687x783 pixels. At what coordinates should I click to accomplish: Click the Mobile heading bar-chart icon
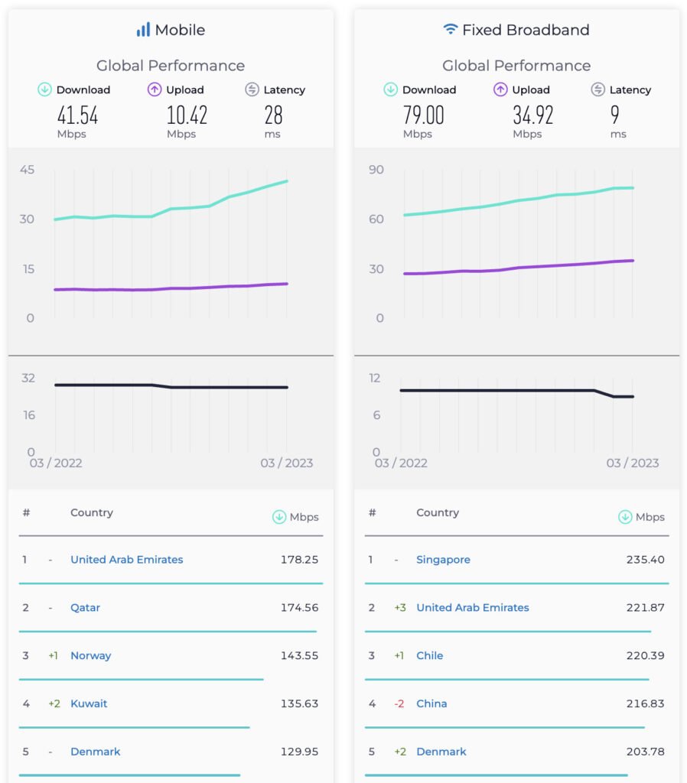143,30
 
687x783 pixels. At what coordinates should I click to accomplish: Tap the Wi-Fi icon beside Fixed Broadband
451,30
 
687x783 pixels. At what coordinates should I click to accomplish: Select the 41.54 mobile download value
77,115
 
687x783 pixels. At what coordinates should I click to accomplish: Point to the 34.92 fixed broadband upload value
532,115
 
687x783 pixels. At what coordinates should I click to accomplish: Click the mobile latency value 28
273,115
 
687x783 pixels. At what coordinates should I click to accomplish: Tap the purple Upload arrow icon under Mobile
155,89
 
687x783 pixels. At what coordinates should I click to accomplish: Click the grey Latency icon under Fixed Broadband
598,89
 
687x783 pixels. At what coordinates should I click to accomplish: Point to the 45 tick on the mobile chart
28,170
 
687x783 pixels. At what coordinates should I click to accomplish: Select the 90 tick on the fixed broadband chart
376,170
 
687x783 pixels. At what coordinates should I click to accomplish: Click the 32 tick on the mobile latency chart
28,378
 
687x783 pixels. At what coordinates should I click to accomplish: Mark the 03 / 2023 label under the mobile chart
286,463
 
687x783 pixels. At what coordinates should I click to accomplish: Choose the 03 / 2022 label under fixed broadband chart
401,463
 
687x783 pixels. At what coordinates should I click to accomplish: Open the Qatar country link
85,608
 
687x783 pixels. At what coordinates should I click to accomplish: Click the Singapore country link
443,560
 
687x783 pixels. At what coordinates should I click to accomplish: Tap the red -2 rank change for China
399,703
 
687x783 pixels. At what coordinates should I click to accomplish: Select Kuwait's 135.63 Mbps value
299,703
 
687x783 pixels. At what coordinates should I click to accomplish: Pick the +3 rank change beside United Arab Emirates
399,608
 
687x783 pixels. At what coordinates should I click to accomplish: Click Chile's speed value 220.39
645,655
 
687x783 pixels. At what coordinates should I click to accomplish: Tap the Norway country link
90,655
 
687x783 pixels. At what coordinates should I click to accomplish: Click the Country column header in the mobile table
92,513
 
